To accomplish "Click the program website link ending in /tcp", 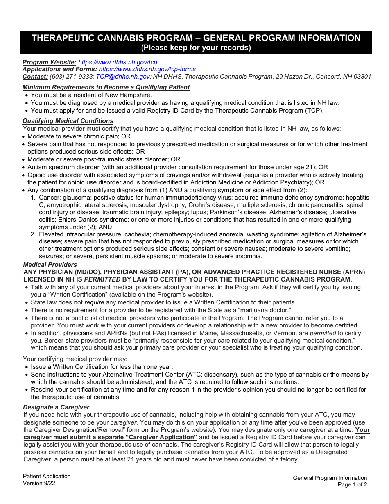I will [x=118, y=62].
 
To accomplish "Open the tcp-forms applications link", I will [x=147, y=69].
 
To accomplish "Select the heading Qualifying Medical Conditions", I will [x=68, y=121].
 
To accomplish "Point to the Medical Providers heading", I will [x=50, y=265].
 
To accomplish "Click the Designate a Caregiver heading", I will [x=56, y=407].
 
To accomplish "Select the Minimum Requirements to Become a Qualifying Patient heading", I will [x=106, y=87].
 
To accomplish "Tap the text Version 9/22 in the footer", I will [x=39, y=483].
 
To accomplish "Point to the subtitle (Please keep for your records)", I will [x=196, y=48].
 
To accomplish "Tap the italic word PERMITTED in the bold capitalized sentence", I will [x=102, y=279].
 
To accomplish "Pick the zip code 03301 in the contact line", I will [x=362, y=77].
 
